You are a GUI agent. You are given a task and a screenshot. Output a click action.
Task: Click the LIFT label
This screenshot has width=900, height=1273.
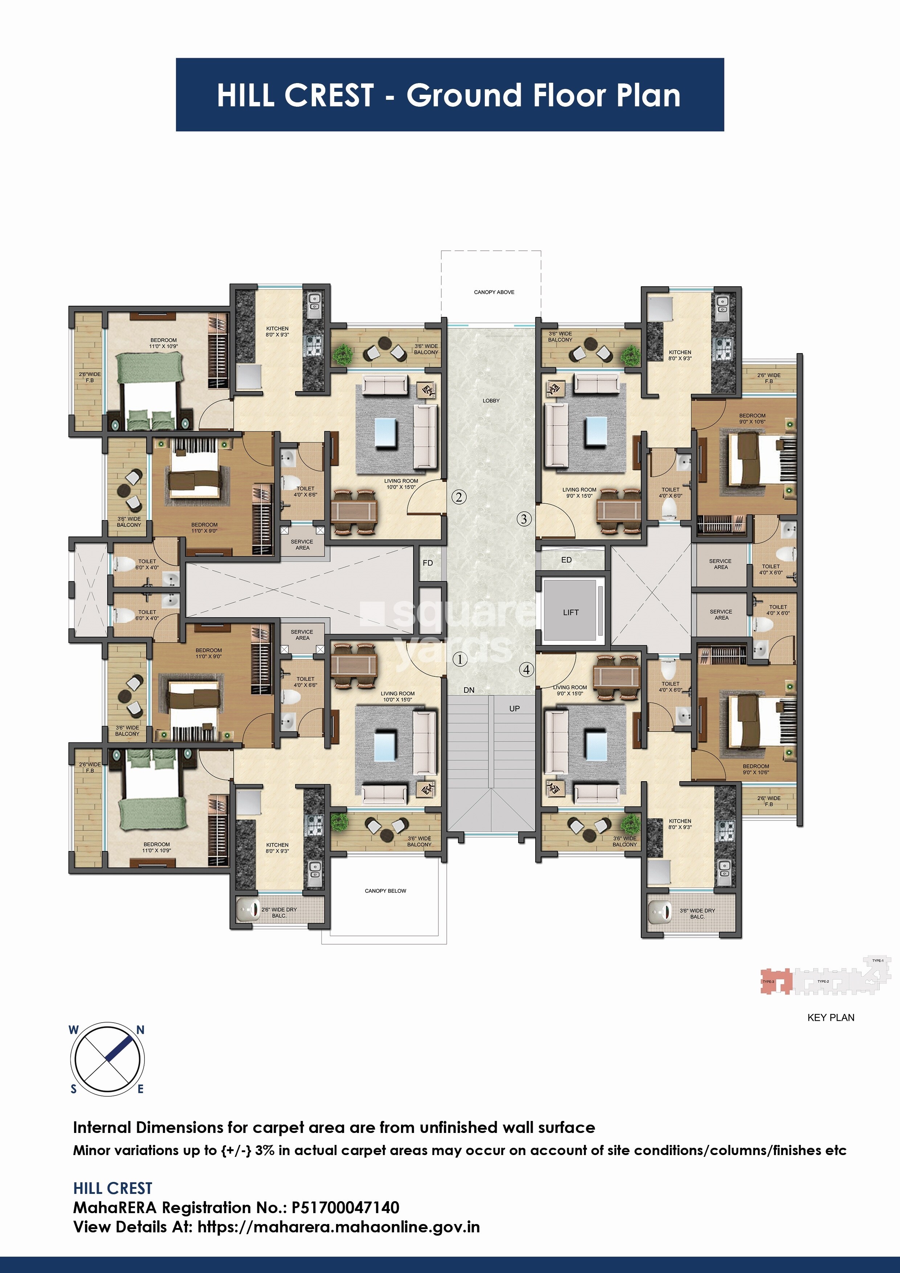570,613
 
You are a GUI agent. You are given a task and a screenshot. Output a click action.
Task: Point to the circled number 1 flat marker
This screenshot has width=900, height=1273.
460,659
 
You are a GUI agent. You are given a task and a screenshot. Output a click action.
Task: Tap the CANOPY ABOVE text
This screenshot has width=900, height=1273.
494,292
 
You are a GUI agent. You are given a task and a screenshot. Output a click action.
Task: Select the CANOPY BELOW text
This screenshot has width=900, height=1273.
385,891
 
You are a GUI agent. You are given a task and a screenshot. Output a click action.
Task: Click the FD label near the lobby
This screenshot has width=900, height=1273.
427,563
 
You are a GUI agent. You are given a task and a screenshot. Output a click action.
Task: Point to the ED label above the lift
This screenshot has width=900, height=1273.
566,560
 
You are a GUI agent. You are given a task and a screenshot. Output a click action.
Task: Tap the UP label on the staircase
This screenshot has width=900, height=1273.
515,709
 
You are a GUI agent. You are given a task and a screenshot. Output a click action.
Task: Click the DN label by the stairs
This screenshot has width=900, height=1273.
469,690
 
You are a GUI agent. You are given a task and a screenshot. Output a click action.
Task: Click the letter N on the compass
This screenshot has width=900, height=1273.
140,1030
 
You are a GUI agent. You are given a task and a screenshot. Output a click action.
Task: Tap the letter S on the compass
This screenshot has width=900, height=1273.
74,1089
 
